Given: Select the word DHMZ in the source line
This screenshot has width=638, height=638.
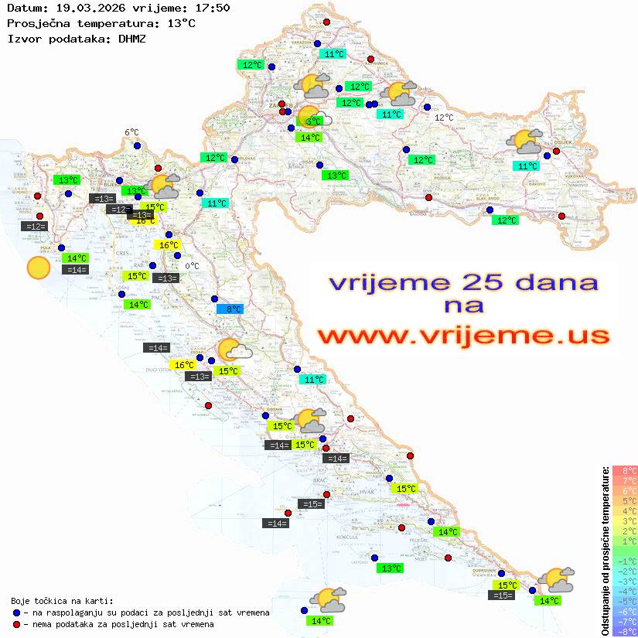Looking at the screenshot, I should (131, 38).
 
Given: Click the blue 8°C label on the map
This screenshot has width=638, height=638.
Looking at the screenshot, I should (230, 309).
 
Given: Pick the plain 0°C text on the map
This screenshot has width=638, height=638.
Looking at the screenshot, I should (192, 266).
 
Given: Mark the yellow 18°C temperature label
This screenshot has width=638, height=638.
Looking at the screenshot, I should (145, 220).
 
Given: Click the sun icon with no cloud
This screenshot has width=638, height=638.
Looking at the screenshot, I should (38, 268).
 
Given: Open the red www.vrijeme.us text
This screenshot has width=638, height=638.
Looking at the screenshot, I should (463, 336).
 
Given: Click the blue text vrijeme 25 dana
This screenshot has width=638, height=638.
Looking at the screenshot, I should (463, 281).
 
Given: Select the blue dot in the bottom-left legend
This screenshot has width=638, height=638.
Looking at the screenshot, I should (16, 612).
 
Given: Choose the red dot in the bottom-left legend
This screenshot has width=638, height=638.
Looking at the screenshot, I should (16, 624).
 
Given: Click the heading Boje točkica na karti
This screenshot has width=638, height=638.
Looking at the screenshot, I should (62, 601).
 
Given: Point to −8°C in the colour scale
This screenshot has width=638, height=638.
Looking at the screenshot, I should (625, 631).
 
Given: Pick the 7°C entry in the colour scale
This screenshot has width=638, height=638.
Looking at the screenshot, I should (625, 480).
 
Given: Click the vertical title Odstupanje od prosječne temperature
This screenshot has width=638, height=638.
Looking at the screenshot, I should (605, 550).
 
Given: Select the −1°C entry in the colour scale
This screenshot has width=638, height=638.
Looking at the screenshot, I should (625, 561).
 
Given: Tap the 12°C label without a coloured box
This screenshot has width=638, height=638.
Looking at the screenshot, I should (444, 118).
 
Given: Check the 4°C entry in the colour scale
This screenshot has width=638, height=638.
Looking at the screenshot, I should (625, 510).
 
